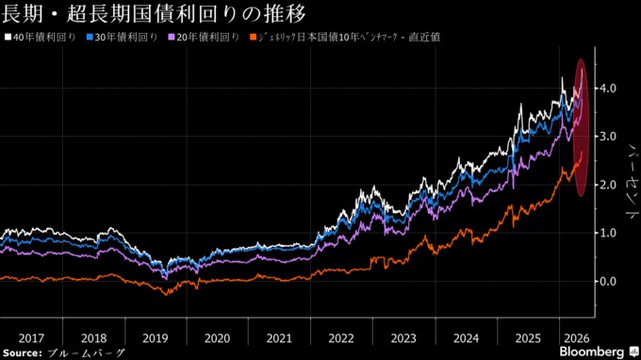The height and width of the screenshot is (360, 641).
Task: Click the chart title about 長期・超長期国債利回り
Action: pyautogui.click(x=154, y=13)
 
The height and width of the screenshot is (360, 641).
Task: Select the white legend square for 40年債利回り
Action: pyautogui.click(x=8, y=37)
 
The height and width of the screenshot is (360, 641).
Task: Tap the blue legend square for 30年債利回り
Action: pyautogui.click(x=90, y=37)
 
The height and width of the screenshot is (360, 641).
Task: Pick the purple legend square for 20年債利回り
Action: pyautogui.click(x=172, y=37)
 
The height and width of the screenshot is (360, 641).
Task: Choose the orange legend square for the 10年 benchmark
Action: pyautogui.click(x=253, y=37)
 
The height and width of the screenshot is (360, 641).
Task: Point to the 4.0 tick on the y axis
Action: pyautogui.click(x=608, y=88)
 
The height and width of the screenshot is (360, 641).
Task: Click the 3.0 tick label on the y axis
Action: pyautogui.click(x=608, y=136)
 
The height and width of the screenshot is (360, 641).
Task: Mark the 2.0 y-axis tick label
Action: pyautogui.click(x=608, y=185)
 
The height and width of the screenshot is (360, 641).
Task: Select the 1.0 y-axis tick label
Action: pyautogui.click(x=608, y=233)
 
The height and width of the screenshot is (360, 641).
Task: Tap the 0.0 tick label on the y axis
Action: pyautogui.click(x=608, y=281)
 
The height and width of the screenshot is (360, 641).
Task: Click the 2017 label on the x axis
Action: pyautogui.click(x=31, y=338)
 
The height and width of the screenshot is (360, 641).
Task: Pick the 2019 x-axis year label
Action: pyautogui.click(x=156, y=338)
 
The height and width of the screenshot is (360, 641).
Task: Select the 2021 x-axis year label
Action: pyautogui.click(x=279, y=338)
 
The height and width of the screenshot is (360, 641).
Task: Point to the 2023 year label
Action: pyautogui.click(x=403, y=338)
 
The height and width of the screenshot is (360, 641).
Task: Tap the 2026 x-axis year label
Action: pyautogui.click(x=577, y=338)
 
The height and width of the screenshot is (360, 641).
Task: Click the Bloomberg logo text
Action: pyautogui.click(x=592, y=352)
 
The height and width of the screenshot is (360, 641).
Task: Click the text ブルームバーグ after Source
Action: pyautogui.click(x=86, y=353)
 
